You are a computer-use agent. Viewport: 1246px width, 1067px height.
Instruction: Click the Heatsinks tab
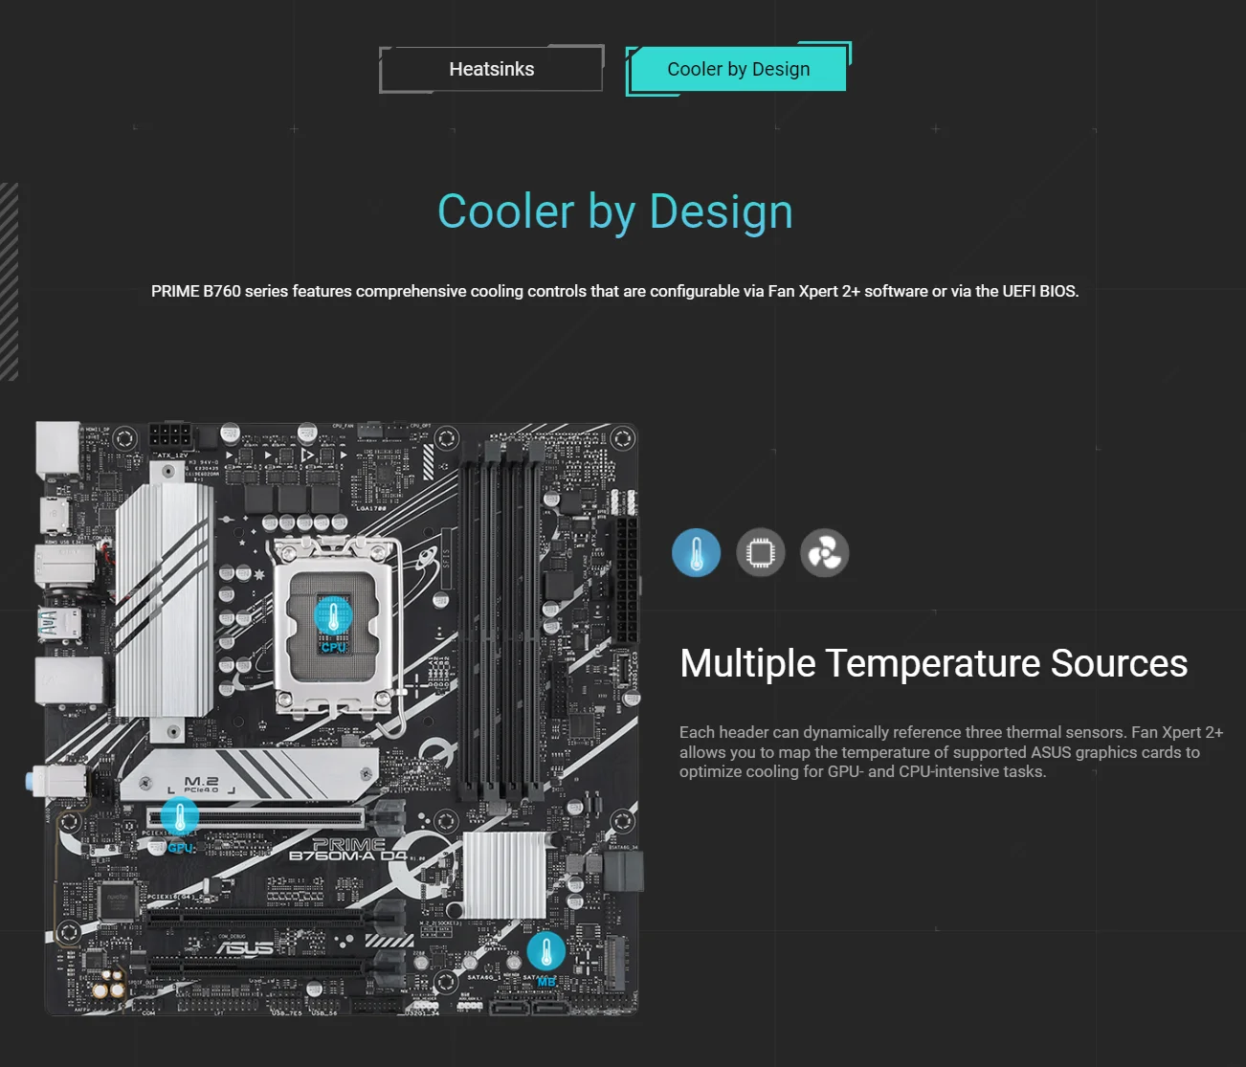pyautogui.click(x=491, y=69)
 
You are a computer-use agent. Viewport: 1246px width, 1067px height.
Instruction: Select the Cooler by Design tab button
pyautogui.click(x=738, y=69)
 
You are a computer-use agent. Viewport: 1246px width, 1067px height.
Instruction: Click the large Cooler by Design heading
pyautogui.click(x=614, y=211)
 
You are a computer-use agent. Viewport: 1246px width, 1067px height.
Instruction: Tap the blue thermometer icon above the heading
pyautogui.click(x=696, y=553)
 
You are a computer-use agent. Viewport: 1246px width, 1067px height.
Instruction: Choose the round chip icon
pyautogui.click(x=760, y=553)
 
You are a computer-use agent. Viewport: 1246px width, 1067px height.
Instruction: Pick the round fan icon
pyautogui.click(x=824, y=553)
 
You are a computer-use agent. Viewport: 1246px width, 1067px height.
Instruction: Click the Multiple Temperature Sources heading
pyautogui.click(x=933, y=663)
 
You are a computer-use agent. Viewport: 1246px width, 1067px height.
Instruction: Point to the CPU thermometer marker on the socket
pyautogui.click(x=333, y=617)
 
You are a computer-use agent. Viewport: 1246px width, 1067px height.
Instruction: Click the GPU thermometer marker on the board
pyautogui.click(x=180, y=817)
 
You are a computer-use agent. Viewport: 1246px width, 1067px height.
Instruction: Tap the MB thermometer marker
pyautogui.click(x=545, y=951)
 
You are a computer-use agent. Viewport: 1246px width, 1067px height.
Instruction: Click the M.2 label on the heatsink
pyautogui.click(x=201, y=783)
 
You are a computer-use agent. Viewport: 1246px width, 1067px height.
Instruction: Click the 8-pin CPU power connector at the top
pyautogui.click(x=173, y=436)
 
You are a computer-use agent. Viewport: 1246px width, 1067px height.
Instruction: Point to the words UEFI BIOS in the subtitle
pyautogui.click(x=1039, y=291)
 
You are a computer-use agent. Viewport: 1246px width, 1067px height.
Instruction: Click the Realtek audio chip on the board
pyautogui.click(x=117, y=900)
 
